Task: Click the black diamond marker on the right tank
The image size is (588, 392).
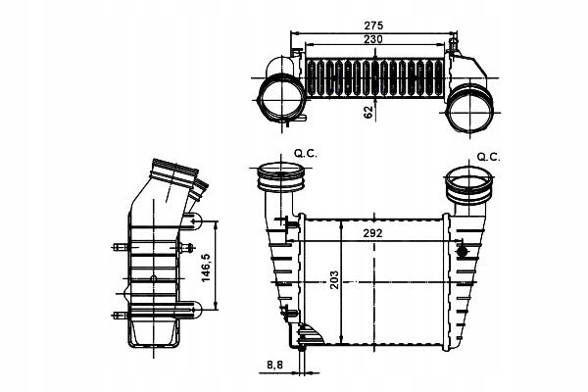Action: coord(460,249)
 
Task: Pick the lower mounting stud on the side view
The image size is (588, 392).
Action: coord(121,314)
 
